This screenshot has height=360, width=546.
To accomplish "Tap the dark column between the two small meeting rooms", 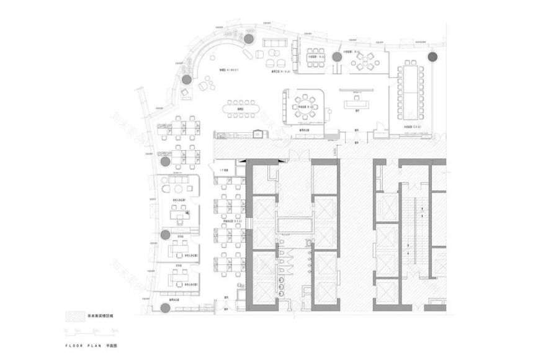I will click(337, 57).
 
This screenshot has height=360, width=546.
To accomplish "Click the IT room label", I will click(222, 171).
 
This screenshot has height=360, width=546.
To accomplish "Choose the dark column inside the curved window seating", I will click(185, 79).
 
